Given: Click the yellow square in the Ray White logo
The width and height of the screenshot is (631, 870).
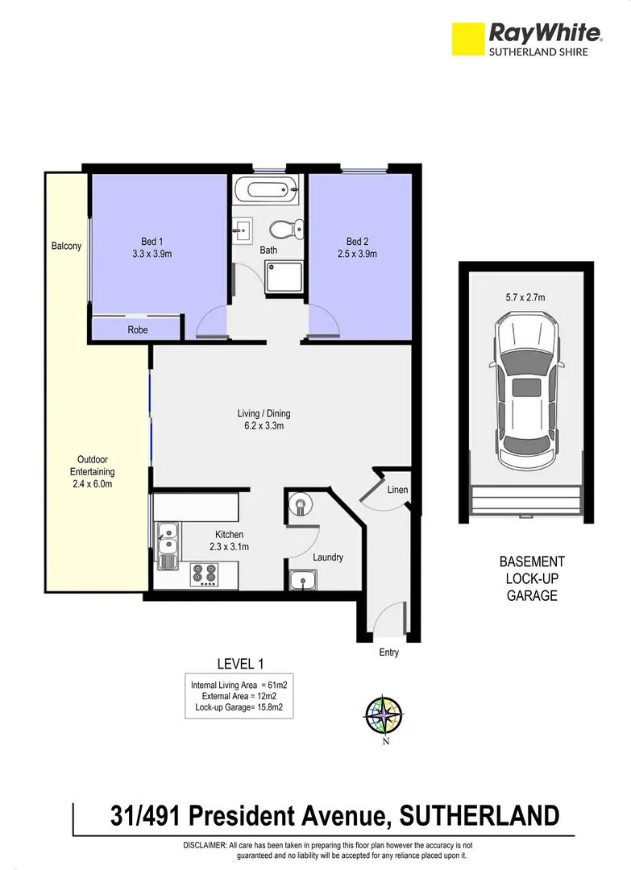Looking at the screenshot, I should [467, 39].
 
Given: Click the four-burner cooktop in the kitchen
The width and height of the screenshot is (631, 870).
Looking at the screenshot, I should [205, 575].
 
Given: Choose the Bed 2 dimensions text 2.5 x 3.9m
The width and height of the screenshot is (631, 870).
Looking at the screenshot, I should [356, 254].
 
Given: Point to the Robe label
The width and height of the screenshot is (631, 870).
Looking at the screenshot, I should [138, 329].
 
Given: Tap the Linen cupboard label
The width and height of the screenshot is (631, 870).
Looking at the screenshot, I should [397, 490].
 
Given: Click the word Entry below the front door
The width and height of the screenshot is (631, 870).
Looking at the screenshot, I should [388, 652].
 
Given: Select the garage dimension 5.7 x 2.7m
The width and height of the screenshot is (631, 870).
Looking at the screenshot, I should [525, 297].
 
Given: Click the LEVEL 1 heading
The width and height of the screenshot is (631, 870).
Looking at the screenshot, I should [241, 664].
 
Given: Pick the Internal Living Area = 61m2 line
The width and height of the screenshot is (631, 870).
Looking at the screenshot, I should [239, 685].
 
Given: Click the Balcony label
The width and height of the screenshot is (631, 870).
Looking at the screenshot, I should [66, 246].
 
